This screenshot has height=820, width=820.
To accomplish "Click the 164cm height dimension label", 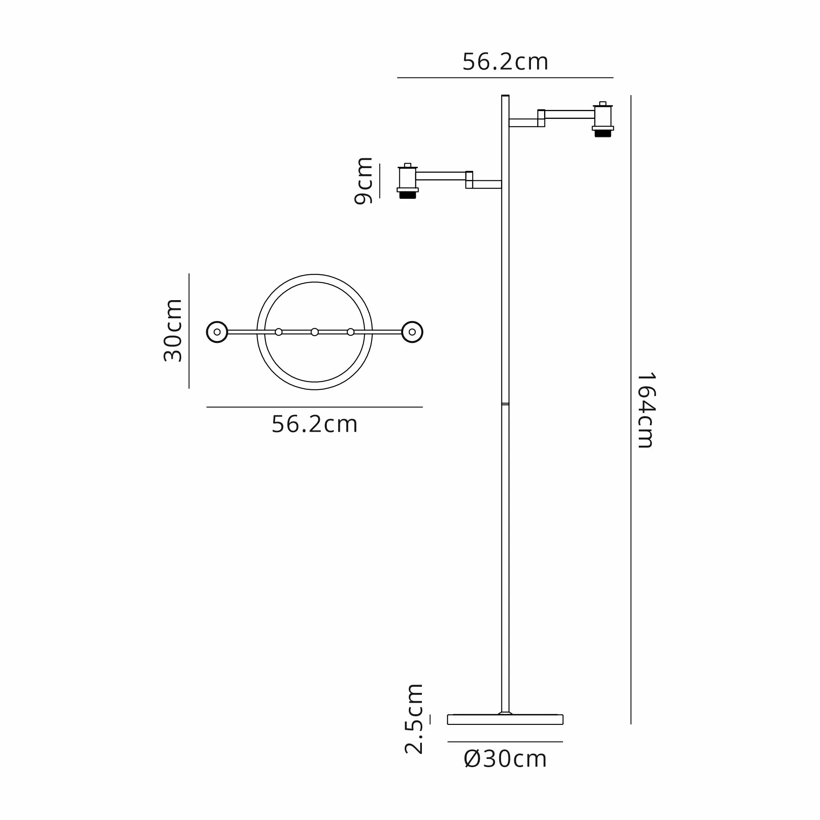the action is (647, 410).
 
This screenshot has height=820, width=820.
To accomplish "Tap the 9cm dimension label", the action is (364, 181).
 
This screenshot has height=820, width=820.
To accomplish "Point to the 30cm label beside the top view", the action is (173, 330).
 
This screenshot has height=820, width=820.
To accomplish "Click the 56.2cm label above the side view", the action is (505, 62).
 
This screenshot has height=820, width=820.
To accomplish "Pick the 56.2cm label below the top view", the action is (314, 424).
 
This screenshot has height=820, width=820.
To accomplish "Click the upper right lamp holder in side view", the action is (603, 119).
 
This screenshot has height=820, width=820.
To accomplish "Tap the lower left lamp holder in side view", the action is (408, 181).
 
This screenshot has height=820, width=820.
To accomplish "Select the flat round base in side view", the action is (505, 720).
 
